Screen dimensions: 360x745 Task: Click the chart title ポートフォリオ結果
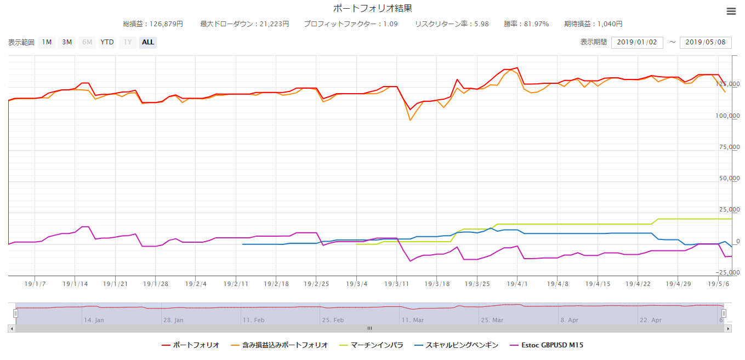click(372, 8)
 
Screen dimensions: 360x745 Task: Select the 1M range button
click(47, 42)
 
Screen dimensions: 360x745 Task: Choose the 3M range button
click(67, 42)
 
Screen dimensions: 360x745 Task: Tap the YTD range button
click(107, 42)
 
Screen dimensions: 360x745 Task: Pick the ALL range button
click(148, 42)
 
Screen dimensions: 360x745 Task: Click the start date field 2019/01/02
click(637, 42)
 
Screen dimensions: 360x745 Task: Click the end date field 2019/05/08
click(706, 42)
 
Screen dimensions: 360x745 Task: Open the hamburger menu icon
click(731, 12)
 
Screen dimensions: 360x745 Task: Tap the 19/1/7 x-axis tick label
click(35, 284)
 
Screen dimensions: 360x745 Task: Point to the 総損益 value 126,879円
click(164, 24)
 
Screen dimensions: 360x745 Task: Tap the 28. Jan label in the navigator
click(173, 320)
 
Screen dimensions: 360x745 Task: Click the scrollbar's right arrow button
click(728, 329)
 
